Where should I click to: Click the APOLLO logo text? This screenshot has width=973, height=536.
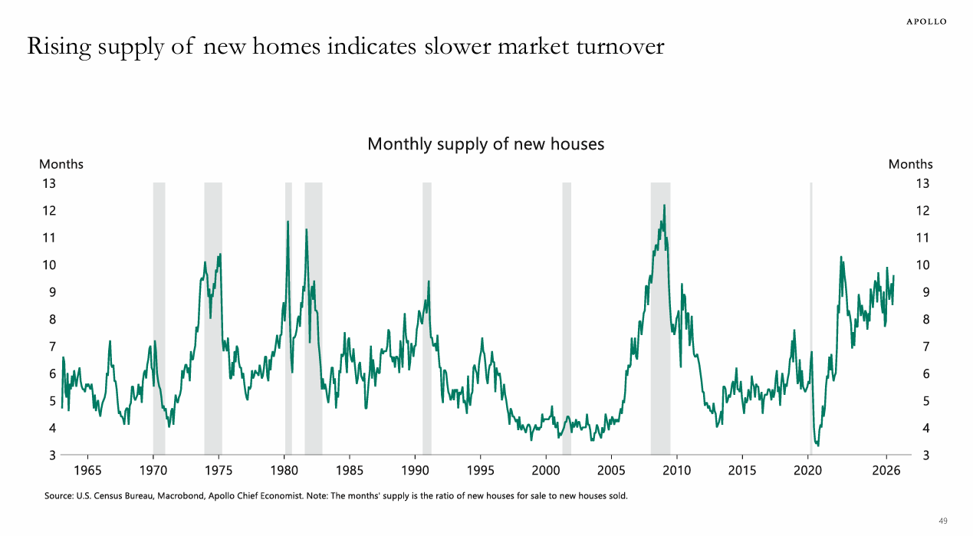(x=926, y=21)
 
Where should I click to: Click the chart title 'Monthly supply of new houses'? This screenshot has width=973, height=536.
(x=485, y=143)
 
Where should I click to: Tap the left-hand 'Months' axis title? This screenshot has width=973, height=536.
(x=61, y=164)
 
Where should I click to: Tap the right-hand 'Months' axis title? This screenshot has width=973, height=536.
(x=910, y=164)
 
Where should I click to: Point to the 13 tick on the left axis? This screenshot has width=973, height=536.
(x=49, y=184)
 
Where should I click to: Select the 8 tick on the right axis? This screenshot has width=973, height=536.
(x=926, y=320)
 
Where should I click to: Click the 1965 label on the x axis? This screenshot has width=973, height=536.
(x=87, y=470)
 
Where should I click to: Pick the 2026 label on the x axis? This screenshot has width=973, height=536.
(x=886, y=470)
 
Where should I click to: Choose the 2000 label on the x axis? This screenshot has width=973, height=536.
(x=546, y=470)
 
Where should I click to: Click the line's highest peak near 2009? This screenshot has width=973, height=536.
(x=664, y=205)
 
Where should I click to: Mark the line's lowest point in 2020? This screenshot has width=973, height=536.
(x=818, y=446)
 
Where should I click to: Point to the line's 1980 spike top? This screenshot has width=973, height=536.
(x=288, y=222)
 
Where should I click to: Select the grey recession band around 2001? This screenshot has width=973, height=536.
(x=567, y=318)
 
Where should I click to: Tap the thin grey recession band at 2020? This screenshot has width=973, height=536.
(x=811, y=318)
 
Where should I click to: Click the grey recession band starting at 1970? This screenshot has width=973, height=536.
(x=159, y=318)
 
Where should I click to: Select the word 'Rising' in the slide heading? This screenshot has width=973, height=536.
(x=59, y=47)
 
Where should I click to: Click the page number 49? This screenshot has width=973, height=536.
(x=943, y=521)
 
